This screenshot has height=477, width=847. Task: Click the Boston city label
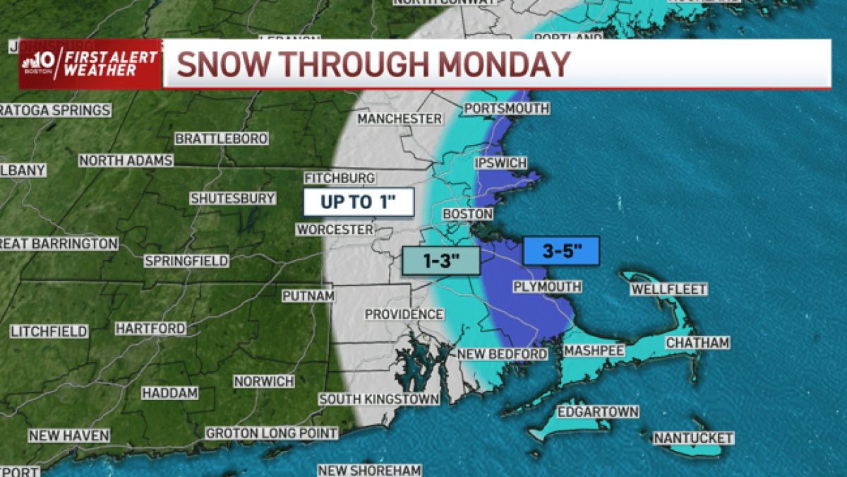(467, 214)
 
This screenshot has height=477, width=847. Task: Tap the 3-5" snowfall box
(561, 251)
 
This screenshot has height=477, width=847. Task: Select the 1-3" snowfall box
(441, 261)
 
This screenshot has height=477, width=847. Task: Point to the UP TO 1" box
(358, 202)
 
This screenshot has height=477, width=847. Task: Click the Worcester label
(335, 230)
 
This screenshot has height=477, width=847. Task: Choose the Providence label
(404, 314)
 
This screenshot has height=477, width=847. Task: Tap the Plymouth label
(547, 287)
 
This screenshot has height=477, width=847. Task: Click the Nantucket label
(693, 438)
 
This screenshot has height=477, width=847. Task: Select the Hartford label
(150, 329)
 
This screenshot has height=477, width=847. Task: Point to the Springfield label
(186, 261)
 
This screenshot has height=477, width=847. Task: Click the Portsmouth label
(507, 108)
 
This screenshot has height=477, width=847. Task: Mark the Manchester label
(400, 119)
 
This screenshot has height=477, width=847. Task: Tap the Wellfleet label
(668, 290)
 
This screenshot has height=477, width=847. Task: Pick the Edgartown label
(598, 412)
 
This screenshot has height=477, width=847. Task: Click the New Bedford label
(502, 353)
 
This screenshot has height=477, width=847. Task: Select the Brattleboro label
(221, 139)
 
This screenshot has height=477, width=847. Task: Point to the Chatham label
(697, 343)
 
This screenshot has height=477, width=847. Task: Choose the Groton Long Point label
(272, 432)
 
